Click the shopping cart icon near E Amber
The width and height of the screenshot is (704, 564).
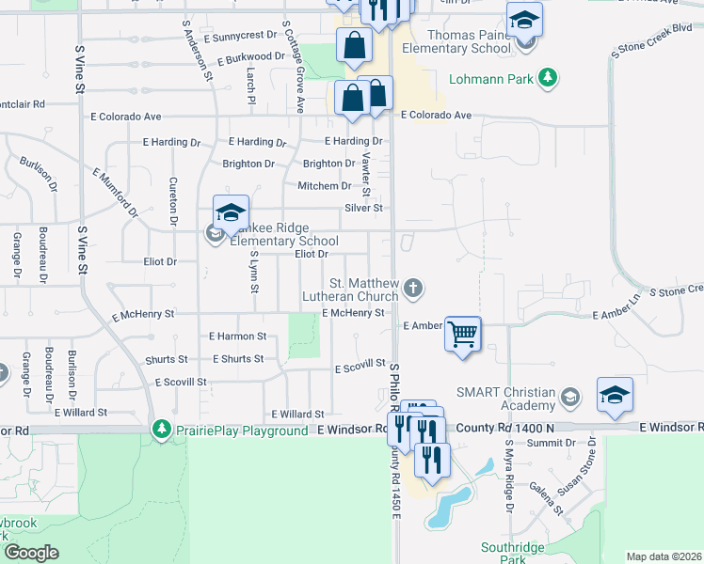point(462,335)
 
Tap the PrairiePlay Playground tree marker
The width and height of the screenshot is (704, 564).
point(162,430)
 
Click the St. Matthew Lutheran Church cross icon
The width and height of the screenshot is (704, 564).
point(412,290)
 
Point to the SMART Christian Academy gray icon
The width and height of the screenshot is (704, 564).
point(569,399)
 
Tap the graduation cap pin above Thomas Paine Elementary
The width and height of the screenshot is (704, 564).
point(524,20)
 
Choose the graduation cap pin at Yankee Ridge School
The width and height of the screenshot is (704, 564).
point(231,211)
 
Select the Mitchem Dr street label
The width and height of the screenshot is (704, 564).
point(325,186)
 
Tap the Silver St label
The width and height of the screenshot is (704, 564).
point(364,208)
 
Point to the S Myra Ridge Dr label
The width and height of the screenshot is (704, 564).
point(509,476)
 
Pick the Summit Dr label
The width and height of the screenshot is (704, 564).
point(544,443)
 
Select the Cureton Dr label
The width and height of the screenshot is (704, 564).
point(173,202)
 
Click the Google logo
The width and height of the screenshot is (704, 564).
point(31,553)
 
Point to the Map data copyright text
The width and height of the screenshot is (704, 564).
point(664,556)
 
